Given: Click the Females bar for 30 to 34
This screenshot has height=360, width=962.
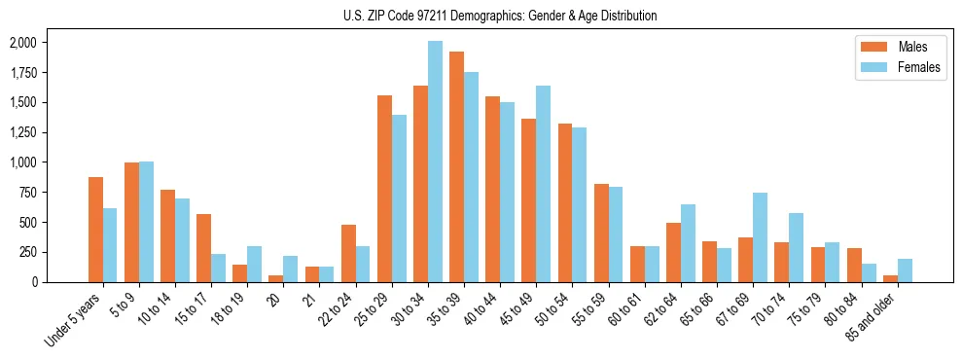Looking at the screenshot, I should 435,162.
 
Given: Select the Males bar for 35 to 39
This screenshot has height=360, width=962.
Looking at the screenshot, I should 456,166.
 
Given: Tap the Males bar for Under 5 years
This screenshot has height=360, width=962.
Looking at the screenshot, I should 95,230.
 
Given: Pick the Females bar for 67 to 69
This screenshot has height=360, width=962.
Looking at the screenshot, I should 760,237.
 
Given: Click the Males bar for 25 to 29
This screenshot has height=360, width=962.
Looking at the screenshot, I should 384,189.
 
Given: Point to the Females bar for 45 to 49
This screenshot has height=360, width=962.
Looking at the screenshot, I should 543,184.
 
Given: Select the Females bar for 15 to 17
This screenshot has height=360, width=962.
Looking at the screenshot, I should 218,268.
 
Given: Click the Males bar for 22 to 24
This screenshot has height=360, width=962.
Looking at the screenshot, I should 348,253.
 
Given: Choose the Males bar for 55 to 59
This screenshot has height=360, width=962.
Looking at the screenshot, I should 601,233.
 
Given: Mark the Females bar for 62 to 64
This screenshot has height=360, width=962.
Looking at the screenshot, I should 688,242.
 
